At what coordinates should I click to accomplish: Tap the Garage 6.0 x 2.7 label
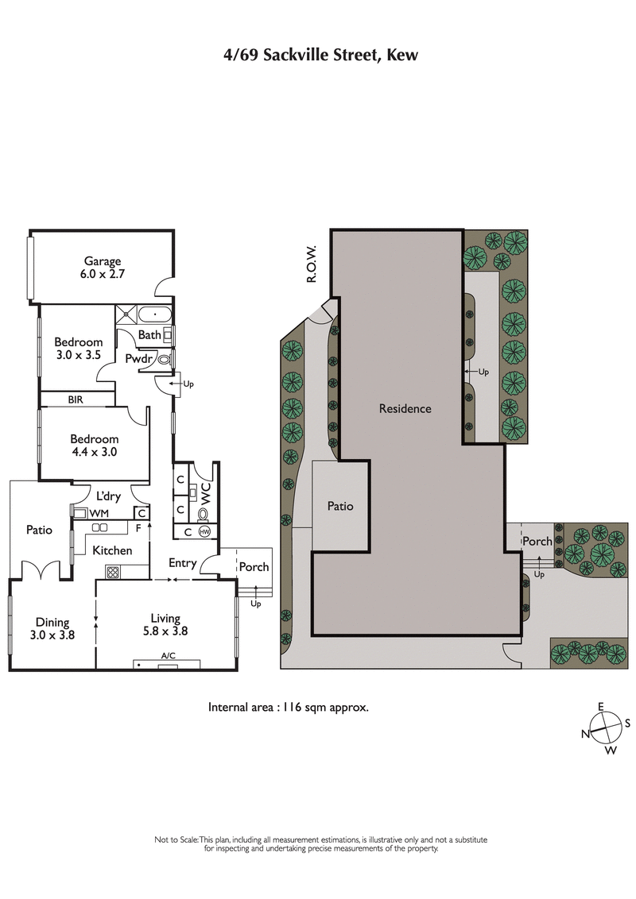[103, 267]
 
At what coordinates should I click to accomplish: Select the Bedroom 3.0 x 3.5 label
[78, 349]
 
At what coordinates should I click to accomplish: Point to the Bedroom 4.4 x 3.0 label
[94, 446]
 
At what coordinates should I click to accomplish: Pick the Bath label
[149, 335]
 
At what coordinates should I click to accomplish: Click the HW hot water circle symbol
[204, 532]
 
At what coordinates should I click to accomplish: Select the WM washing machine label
[99, 514]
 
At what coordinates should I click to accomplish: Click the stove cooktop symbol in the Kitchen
[112, 570]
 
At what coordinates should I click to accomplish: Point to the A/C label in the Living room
[168, 656]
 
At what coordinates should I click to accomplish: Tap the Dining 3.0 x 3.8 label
[51, 628]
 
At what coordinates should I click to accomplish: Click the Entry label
[182, 563]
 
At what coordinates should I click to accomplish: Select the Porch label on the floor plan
[254, 567]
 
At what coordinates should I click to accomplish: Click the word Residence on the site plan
[405, 409]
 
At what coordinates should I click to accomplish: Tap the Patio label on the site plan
[340, 506]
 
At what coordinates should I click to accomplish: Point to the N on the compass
[585, 734]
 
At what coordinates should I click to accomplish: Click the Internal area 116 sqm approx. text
[288, 706]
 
